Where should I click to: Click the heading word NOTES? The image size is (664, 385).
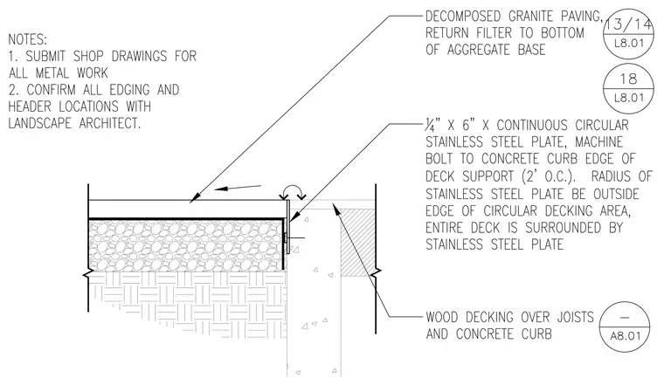pyautogui.click(x=28, y=39)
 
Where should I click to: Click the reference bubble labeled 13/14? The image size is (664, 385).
pyautogui.click(x=629, y=33)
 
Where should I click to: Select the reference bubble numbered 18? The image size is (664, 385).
pyautogui.click(x=629, y=87)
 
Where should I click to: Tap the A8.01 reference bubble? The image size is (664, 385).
pyautogui.click(x=625, y=327)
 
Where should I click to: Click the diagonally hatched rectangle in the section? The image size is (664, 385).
pyautogui.click(x=358, y=243)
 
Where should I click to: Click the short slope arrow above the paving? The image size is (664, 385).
pyautogui.click(x=238, y=188)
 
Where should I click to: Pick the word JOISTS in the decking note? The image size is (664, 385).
pyautogui.click(x=575, y=317)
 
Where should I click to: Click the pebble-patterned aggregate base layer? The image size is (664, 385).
pyautogui.click(x=185, y=245)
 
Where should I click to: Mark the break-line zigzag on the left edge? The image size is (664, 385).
pyautogui.click(x=88, y=275)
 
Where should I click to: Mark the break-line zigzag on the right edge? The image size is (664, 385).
pyautogui.click(x=376, y=274)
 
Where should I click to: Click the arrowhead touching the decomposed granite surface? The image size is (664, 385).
pyautogui.click(x=194, y=197)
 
